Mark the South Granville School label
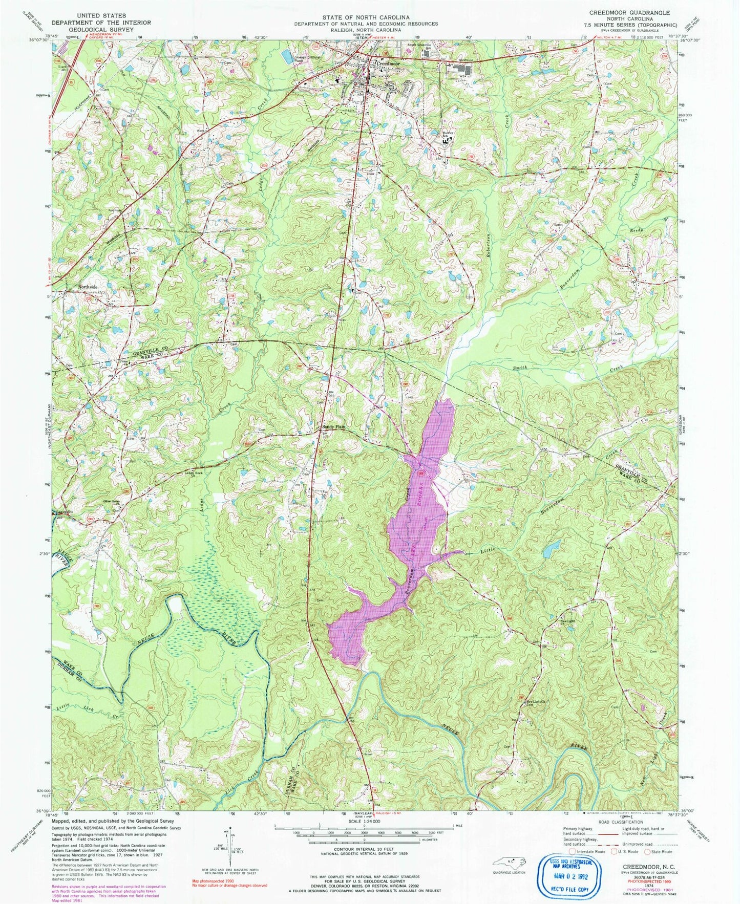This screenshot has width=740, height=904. point(423,45)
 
